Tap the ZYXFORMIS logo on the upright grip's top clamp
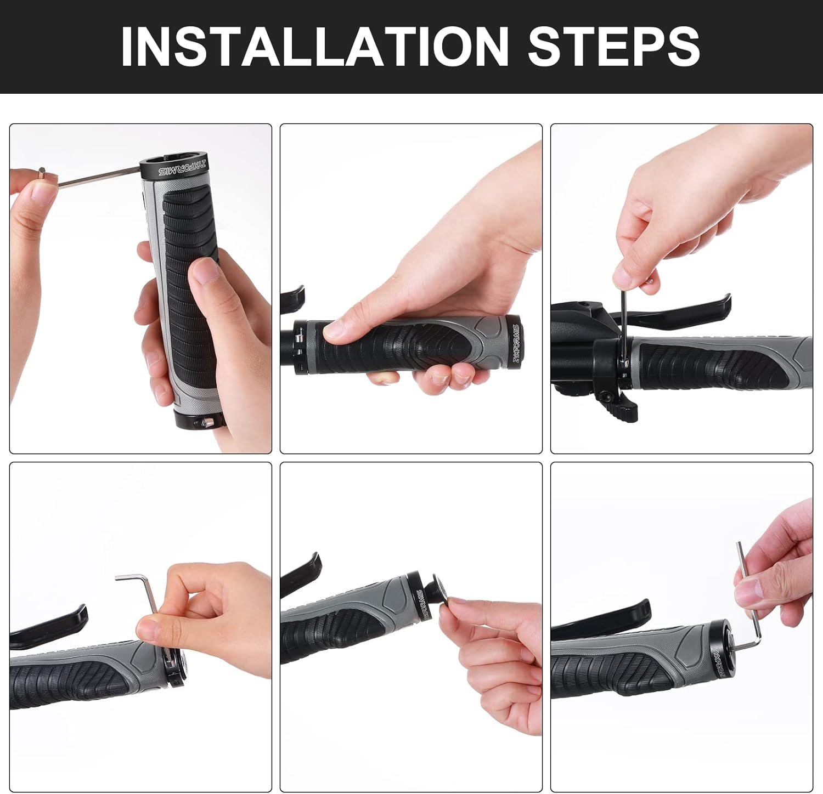(182, 168)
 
